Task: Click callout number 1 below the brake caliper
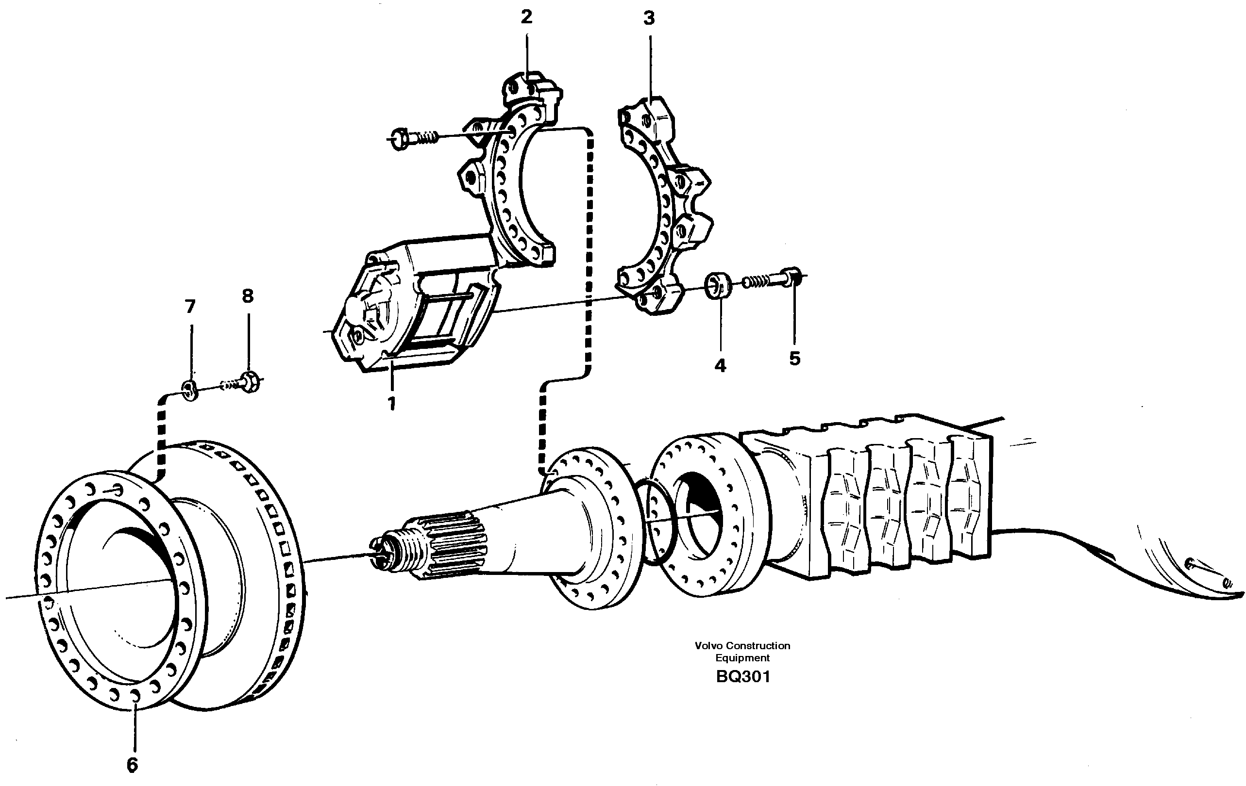[x=392, y=403]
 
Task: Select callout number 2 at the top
[x=526, y=17]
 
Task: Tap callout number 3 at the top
[x=649, y=18]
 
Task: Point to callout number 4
[x=720, y=366]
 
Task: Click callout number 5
[x=795, y=358]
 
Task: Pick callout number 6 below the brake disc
[x=133, y=765]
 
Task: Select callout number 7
[x=190, y=307]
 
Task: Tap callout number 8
[x=248, y=296]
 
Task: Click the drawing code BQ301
[x=743, y=677]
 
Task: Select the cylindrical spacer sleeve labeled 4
[x=718, y=285]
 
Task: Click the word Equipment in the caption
[x=742, y=658]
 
